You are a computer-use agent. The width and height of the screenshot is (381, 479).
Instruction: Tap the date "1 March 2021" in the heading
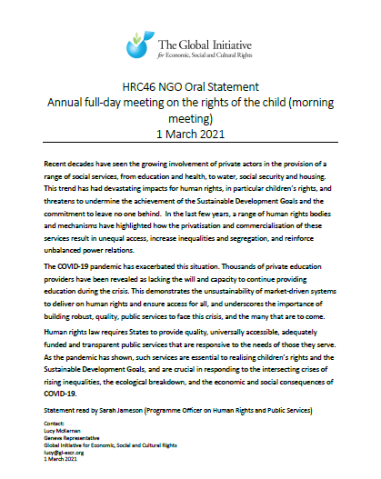pyautogui.click(x=189, y=136)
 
